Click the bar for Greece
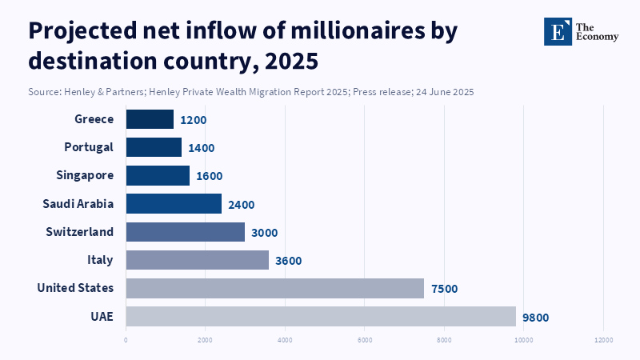[150, 119]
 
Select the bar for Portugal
[154, 147]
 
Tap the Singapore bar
[158, 175]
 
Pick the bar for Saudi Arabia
[174, 203]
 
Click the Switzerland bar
[186, 231]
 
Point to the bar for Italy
[198, 259]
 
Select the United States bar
[274, 288]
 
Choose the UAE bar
[321, 316]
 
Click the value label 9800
[536, 317]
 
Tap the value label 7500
[444, 289]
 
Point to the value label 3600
[289, 261]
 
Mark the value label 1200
[194, 120]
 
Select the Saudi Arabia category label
[78, 203]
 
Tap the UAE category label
[102, 316]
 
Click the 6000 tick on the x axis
[365, 340]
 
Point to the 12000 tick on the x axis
[603, 340]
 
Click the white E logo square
[558, 31]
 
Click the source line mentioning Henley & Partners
[251, 92]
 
